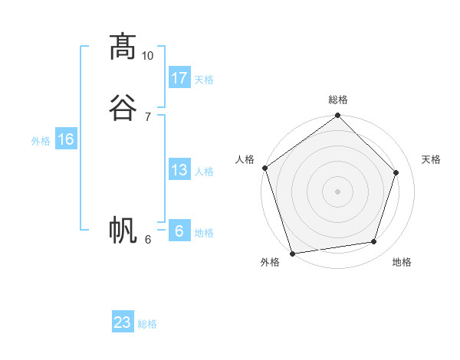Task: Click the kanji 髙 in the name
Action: coord(122,47)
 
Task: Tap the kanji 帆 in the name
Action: coord(122,230)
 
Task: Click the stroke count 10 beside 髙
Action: coord(148,56)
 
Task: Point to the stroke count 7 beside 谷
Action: coord(148,116)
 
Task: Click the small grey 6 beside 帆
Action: coord(148,239)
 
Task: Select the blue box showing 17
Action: coord(179,78)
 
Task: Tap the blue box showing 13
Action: coord(179,170)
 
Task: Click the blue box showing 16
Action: coord(66,139)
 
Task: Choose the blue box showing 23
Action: coord(123,322)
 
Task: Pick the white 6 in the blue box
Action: coord(179,231)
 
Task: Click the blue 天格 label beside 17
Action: coord(204,80)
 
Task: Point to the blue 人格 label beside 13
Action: coord(204,172)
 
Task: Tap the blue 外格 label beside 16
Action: coord(41,141)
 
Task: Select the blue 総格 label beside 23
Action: coord(147,324)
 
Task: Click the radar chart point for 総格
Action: coord(337,116)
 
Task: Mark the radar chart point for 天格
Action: coord(396,172)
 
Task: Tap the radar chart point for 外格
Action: coord(292,253)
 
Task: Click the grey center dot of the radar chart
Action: coord(337,191)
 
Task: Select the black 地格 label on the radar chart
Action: coord(402,263)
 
